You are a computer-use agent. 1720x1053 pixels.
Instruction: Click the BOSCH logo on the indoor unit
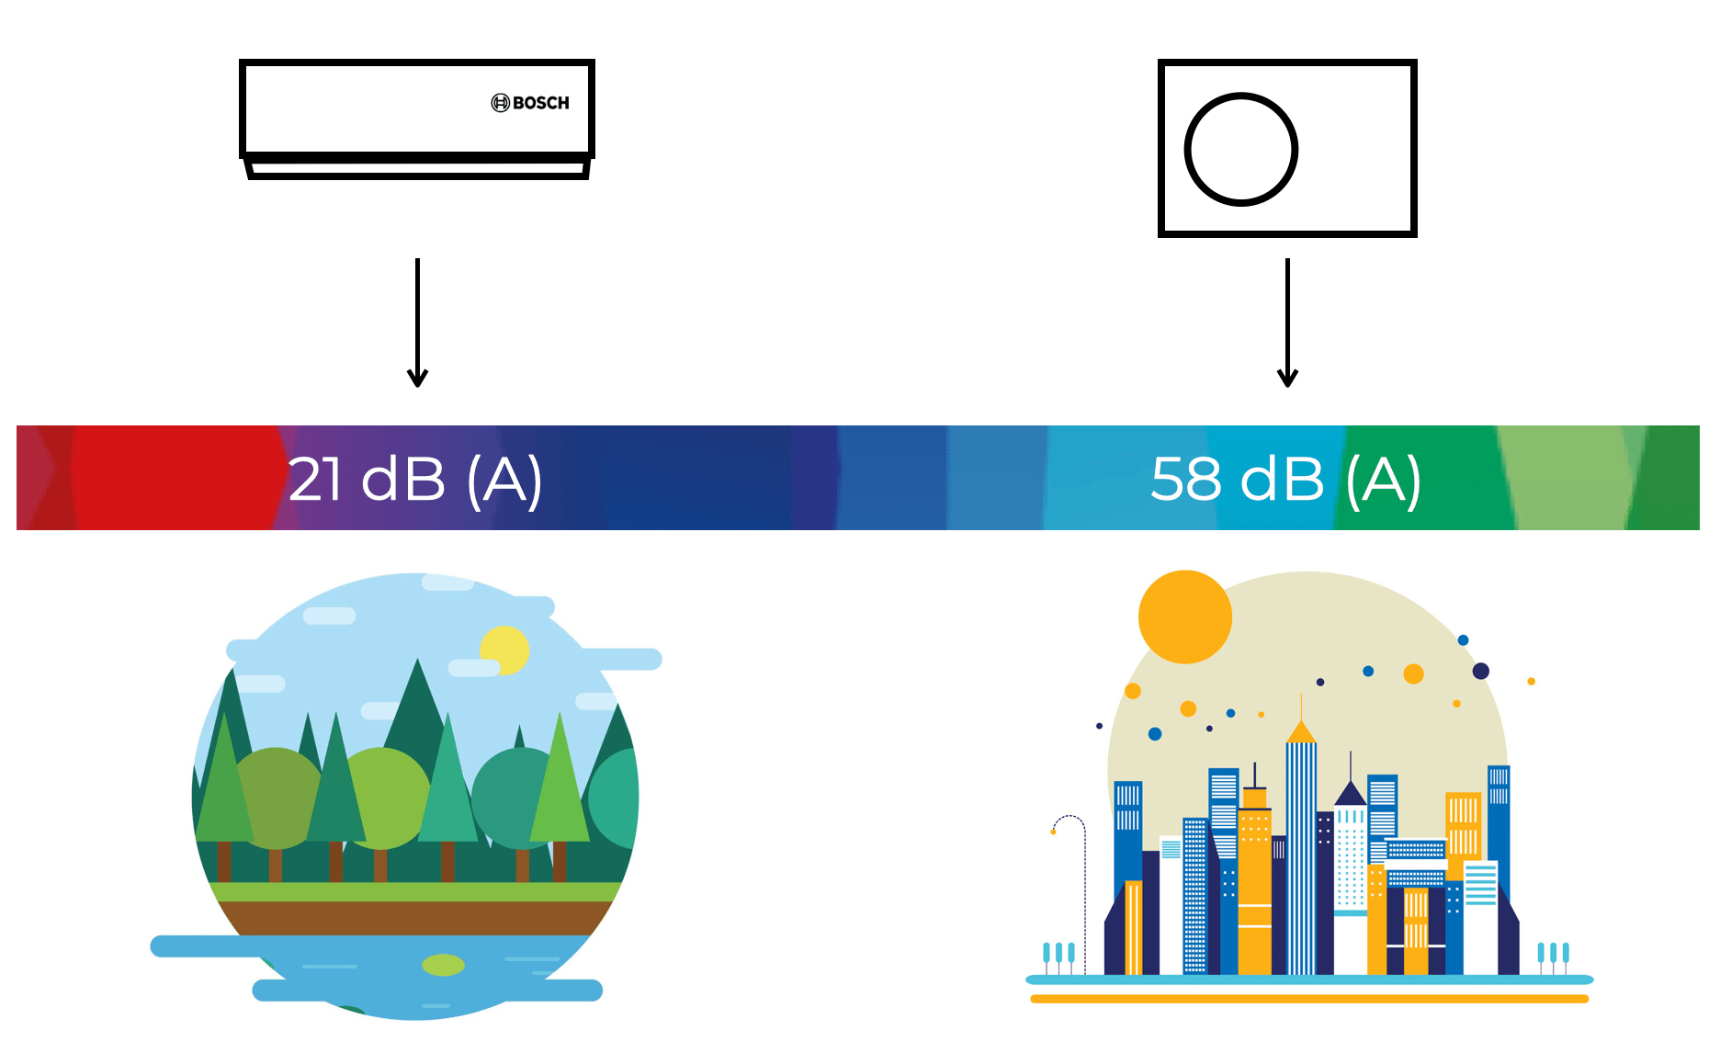coord(530,103)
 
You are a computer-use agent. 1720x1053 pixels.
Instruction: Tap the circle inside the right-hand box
coord(1188,150)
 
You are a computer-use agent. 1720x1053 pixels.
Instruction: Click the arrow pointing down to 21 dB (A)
coord(417,323)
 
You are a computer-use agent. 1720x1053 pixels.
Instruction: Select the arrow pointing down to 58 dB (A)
coord(1287,323)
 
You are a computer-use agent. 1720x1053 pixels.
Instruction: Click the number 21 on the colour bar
coord(315,479)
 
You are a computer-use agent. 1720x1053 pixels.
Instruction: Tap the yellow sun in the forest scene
coord(505,650)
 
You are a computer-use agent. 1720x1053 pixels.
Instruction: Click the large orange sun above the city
coord(1184,617)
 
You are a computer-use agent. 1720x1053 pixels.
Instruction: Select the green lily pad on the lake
coord(443,965)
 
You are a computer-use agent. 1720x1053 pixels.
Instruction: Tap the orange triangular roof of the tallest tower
coord(1301,732)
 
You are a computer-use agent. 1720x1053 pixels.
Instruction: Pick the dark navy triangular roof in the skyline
coord(1351,793)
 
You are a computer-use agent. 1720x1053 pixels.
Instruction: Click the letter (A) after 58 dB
coord(1384,481)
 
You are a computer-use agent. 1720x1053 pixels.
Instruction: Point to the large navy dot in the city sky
coord(1480,671)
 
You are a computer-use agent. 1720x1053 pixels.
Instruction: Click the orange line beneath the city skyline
coord(1309,999)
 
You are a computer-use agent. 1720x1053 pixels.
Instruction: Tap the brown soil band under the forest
coord(413,918)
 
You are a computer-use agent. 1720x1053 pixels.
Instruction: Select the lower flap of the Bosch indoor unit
coord(418,170)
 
